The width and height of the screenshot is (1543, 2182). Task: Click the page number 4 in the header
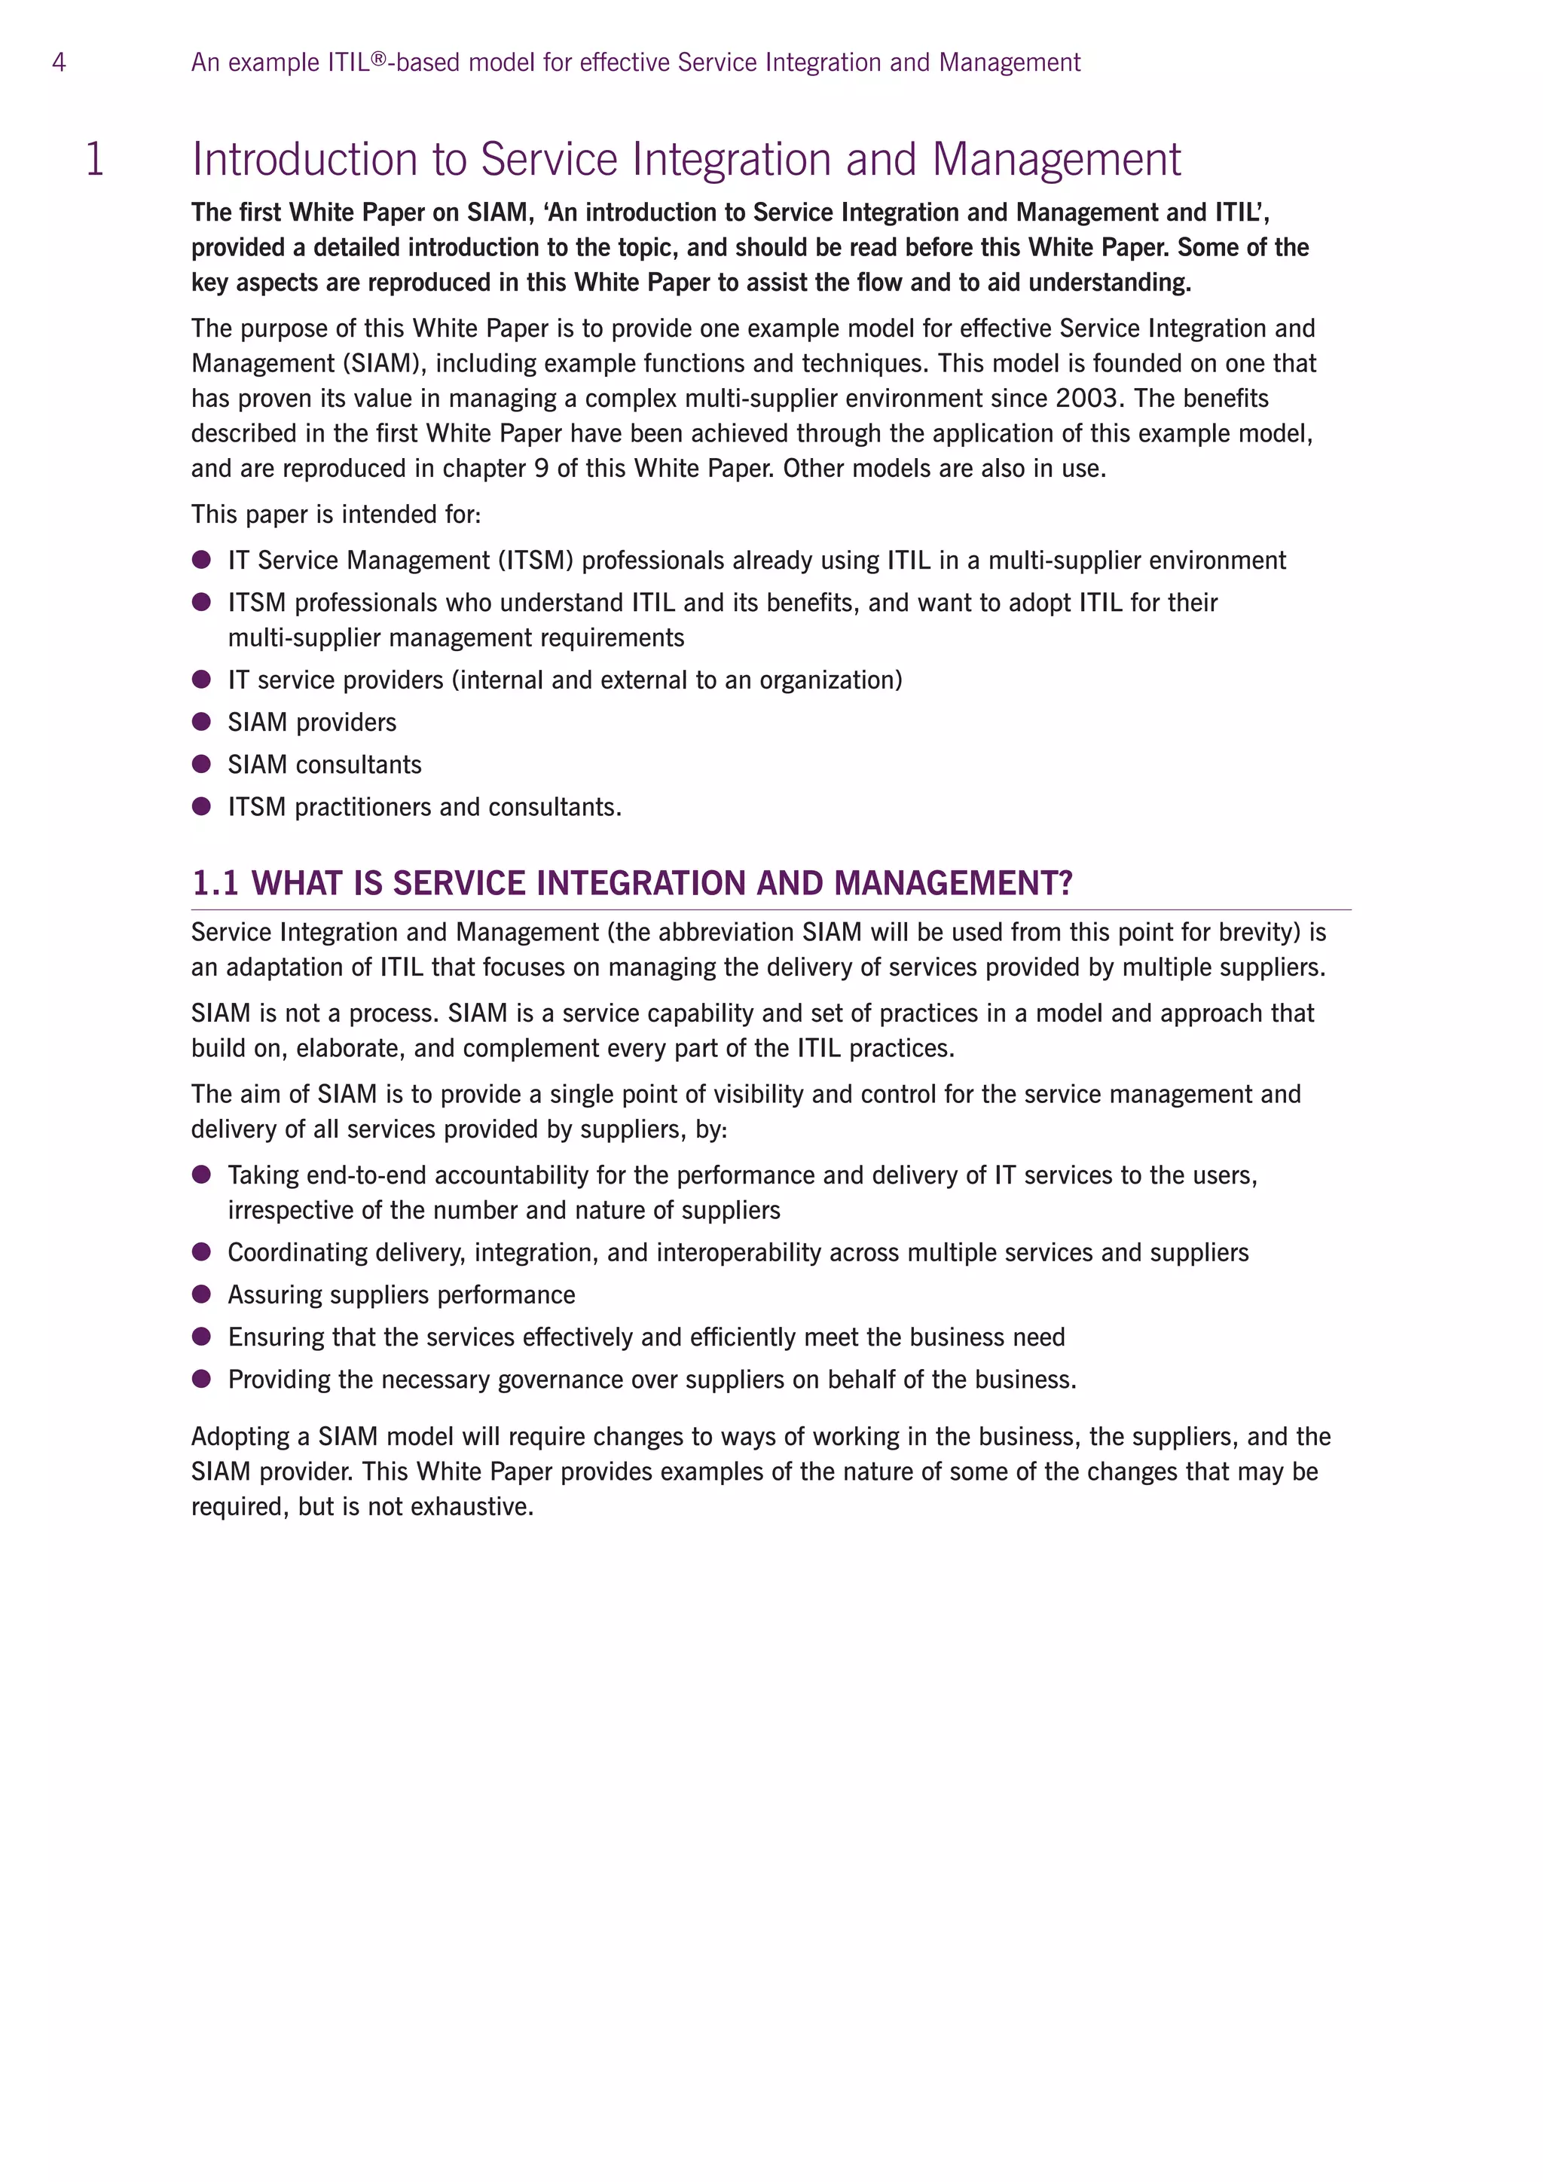(x=59, y=63)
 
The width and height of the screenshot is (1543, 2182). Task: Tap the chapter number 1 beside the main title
(x=94, y=159)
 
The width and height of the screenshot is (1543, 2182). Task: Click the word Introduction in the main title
(x=304, y=159)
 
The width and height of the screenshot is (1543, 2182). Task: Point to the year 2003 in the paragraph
(x=1089, y=398)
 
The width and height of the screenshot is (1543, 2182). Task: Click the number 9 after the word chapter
(x=541, y=469)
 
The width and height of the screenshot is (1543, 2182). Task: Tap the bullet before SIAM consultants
(x=201, y=764)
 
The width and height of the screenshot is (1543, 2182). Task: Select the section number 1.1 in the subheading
(x=215, y=883)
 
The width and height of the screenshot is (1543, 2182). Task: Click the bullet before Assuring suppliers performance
(x=201, y=1294)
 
